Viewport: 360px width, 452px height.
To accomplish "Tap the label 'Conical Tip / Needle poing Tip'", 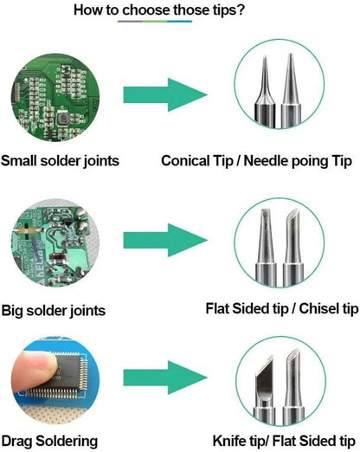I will coord(257,160).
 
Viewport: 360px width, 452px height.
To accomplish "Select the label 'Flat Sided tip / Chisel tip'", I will coord(281,309).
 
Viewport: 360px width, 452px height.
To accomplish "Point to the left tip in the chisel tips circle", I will coord(269,247).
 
